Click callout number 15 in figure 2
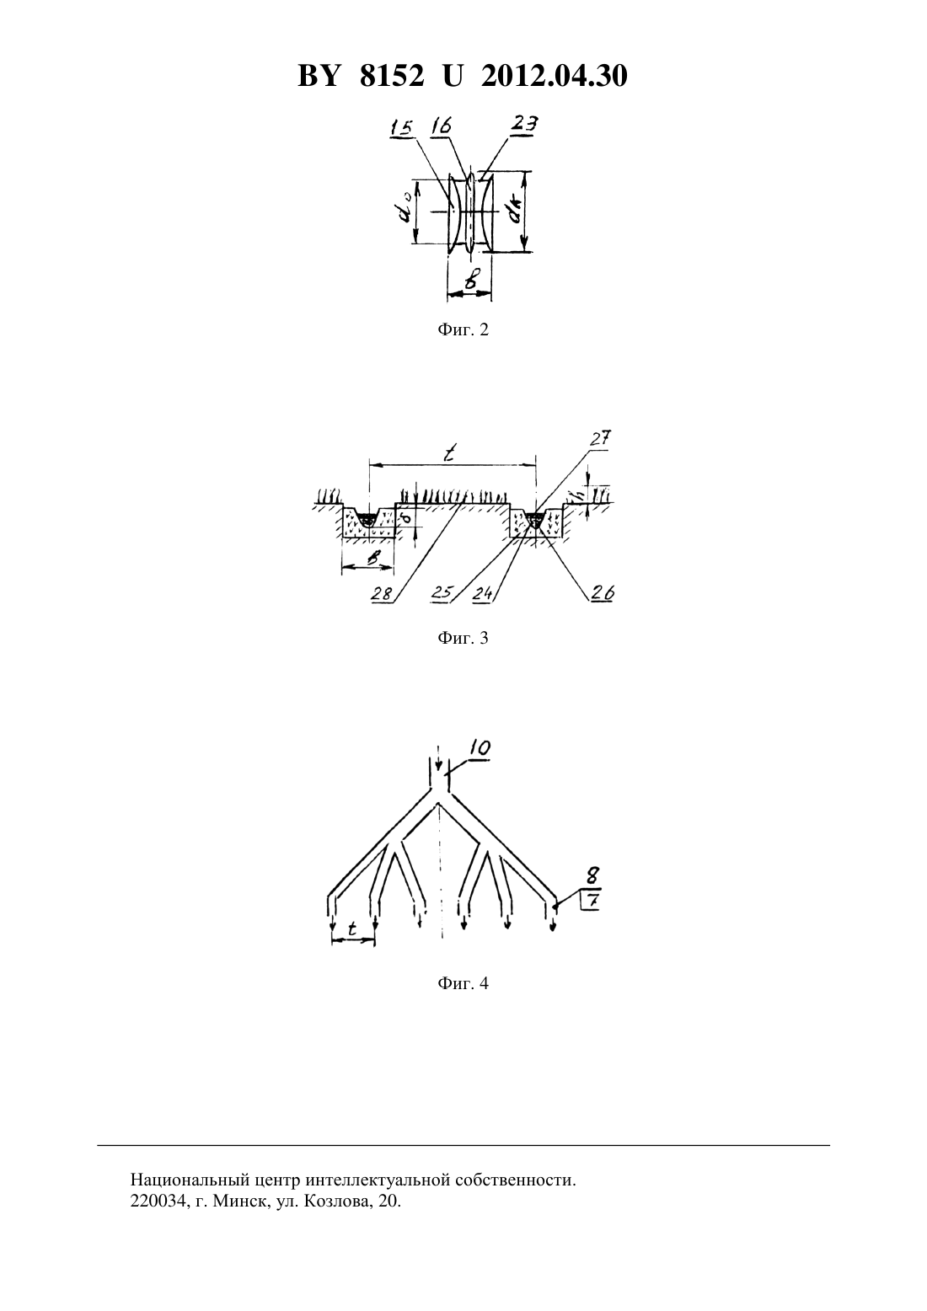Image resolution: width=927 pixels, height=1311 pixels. click(401, 127)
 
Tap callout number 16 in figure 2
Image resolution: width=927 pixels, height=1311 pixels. click(441, 126)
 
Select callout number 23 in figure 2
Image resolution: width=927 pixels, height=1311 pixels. click(524, 124)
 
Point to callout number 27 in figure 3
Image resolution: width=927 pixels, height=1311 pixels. click(600, 438)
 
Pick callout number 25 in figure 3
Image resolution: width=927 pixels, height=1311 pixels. click(442, 592)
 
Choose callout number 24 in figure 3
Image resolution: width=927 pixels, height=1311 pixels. click(484, 593)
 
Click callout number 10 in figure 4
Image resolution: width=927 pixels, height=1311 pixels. click(479, 748)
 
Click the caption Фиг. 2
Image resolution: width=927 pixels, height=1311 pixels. click(463, 330)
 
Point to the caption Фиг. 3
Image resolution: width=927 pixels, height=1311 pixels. click(463, 638)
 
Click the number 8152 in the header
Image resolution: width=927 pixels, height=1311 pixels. click(392, 76)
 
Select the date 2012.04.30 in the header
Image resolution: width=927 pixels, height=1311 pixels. click(555, 76)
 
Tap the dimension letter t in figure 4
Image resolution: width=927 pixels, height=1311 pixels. click(352, 928)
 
